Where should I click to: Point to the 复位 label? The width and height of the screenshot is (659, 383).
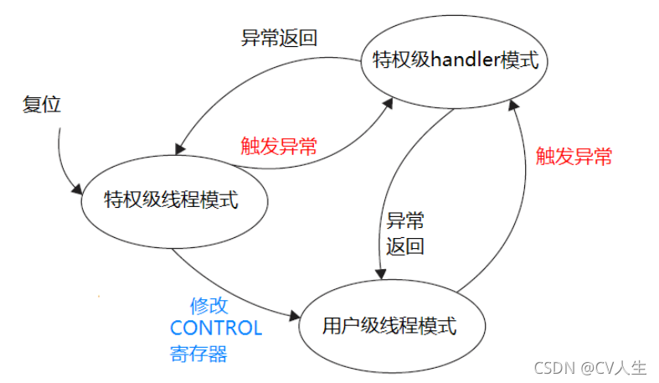42,105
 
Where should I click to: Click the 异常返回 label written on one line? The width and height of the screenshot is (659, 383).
280,39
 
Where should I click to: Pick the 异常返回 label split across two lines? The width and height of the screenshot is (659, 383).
405,234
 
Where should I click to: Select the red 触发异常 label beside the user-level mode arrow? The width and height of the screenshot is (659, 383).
574,156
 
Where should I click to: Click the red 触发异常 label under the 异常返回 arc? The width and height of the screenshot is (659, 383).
279,147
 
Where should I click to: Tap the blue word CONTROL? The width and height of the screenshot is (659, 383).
216,328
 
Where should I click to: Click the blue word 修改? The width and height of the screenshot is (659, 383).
209,305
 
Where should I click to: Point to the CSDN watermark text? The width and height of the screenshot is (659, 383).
554,367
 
